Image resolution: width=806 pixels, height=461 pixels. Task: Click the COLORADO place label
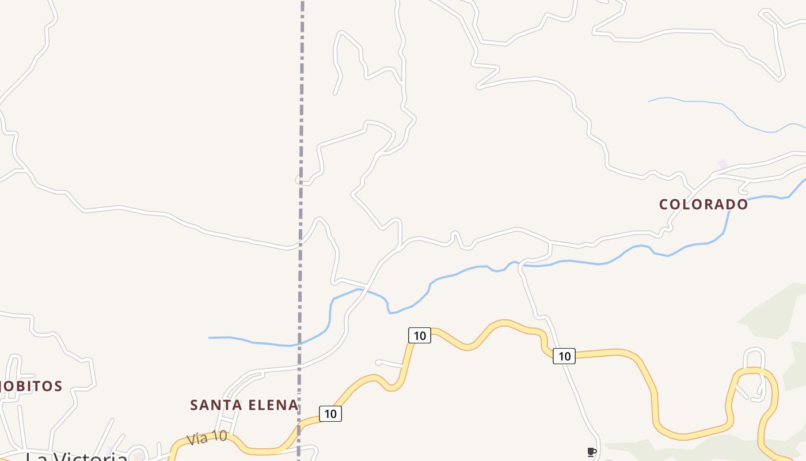[x=703, y=205]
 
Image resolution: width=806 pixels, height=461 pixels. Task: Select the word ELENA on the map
[x=271, y=405]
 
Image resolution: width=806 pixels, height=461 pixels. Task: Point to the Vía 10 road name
[x=207, y=438]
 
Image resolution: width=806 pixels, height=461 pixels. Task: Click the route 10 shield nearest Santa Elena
[x=330, y=414]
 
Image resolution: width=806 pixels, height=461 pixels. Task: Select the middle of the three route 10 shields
[x=420, y=335]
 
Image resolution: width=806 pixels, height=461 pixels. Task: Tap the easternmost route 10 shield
[x=564, y=356]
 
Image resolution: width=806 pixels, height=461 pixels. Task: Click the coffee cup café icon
[x=591, y=452]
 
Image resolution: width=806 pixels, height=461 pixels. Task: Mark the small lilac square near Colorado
[x=723, y=164]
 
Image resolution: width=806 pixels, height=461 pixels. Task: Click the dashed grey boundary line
[x=301, y=115]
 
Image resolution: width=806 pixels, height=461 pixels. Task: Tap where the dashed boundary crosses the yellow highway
[x=299, y=429]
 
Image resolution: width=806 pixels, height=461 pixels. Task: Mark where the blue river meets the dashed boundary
[x=299, y=345]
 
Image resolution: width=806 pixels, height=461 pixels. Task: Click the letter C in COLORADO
[x=663, y=205]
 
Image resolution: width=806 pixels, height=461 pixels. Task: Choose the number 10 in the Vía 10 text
[x=219, y=436]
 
